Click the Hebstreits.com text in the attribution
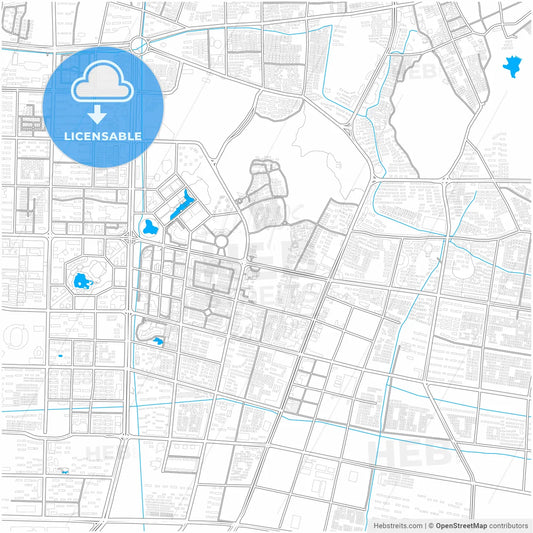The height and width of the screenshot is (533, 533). [397, 525]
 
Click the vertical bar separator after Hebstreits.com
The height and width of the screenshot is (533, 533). [424, 525]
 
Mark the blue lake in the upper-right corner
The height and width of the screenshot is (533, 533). [513, 68]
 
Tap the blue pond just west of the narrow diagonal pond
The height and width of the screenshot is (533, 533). [150, 226]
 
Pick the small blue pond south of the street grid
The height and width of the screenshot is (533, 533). [158, 343]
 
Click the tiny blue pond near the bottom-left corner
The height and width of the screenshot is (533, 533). [65, 471]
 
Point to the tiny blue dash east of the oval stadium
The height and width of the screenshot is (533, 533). [61, 355]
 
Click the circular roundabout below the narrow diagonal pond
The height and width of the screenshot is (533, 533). [221, 241]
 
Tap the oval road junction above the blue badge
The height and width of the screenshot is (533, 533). [137, 45]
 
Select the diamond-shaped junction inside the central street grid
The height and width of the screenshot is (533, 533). [209, 311]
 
